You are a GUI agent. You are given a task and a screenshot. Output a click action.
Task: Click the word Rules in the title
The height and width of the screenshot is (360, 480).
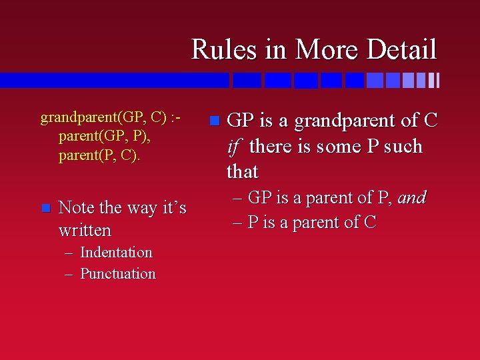[224, 49]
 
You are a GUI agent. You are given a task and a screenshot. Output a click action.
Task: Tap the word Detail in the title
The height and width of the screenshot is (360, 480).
[401, 49]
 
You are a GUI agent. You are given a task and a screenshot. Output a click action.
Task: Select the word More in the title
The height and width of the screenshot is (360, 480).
[326, 49]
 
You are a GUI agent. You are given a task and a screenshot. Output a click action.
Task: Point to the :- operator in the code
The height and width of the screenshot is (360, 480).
[176, 117]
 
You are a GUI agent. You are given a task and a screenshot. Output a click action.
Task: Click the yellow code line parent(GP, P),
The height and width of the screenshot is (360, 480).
[105, 137]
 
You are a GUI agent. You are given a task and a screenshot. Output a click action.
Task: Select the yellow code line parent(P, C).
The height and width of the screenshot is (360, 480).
[99, 156]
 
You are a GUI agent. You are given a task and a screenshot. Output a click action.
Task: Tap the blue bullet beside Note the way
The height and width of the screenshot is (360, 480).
[46, 208]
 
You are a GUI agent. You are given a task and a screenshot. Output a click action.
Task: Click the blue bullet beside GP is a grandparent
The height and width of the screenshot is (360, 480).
[215, 121]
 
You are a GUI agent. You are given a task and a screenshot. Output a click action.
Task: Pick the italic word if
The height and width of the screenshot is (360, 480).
[235, 146]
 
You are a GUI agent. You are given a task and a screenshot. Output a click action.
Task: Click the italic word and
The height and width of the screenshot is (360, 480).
[412, 197]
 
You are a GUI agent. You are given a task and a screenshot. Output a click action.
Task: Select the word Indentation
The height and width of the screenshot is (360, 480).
[116, 253]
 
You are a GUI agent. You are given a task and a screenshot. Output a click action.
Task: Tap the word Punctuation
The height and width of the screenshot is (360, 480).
[118, 273]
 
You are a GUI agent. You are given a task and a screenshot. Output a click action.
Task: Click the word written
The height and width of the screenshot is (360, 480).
[85, 231]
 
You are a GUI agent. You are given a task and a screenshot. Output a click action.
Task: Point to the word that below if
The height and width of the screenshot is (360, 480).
[243, 171]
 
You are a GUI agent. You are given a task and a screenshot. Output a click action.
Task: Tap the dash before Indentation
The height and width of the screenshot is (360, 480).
[69, 253]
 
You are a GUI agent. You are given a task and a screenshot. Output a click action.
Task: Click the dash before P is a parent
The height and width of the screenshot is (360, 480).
[237, 223]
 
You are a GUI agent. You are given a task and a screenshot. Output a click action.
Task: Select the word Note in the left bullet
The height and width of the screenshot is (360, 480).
[76, 207]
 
